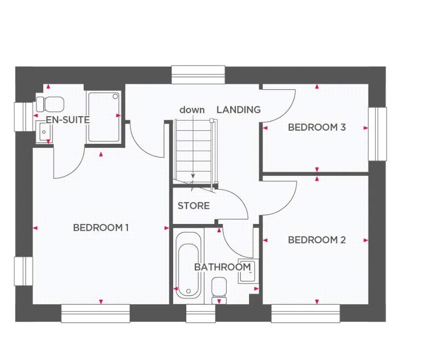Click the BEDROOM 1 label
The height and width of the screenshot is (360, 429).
coord(101,227)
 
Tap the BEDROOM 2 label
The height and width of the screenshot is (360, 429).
coord(317,240)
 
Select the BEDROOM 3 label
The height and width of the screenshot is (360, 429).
coord(317,127)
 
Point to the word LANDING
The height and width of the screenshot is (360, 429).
coord(238,110)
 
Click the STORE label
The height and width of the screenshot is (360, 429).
coord(194,206)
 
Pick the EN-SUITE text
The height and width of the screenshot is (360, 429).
coord(68,120)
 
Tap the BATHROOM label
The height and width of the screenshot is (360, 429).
coord(222,267)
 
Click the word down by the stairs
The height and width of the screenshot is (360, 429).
coord(192,110)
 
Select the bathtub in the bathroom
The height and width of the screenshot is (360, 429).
coord(188,266)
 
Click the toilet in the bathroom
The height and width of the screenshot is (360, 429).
coord(219,290)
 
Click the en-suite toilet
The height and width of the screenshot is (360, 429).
coord(49,103)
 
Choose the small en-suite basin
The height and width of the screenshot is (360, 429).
coord(44,132)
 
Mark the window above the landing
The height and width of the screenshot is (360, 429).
coord(198,75)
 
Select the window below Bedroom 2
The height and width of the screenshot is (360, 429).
coord(305,313)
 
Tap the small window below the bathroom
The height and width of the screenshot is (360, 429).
coord(200,313)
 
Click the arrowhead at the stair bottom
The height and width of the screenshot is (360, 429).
coord(193,177)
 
